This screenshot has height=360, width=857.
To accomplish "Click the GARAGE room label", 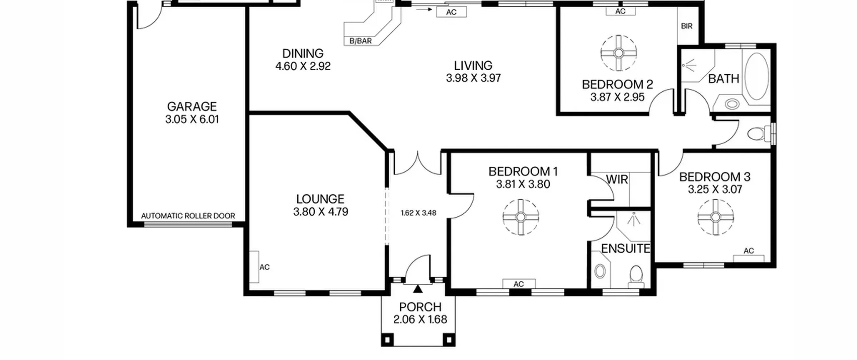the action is click(x=192, y=106).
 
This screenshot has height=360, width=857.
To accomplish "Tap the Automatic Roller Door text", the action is click(x=188, y=216).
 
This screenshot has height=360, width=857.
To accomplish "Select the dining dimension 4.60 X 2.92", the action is click(x=303, y=66).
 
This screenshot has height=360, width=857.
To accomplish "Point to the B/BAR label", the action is click(x=361, y=41).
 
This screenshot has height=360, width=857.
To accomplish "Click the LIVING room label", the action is click(x=473, y=65).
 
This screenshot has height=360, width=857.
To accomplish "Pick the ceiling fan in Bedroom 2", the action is click(x=619, y=53).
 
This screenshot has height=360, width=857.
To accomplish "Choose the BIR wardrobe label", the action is click(x=687, y=26).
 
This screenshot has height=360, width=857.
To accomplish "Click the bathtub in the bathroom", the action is click(x=756, y=76).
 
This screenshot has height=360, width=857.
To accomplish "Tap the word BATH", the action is click(x=723, y=79).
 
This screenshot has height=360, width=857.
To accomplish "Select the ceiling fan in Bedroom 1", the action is click(x=521, y=217).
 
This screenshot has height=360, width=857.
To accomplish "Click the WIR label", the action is click(x=617, y=179).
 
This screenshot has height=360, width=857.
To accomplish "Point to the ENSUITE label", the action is click(x=625, y=248).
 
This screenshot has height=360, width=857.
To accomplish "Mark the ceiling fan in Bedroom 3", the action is click(x=715, y=217).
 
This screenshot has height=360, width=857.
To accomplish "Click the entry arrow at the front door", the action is click(x=418, y=289).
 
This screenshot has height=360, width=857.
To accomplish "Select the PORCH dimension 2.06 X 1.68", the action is click(x=420, y=319).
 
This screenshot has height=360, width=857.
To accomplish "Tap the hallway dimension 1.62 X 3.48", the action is click(x=418, y=213).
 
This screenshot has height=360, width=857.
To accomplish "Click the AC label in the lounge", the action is click(x=264, y=267).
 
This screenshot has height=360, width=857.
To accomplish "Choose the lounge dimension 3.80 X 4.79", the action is click(x=321, y=212).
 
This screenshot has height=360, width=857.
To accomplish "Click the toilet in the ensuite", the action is click(x=636, y=276).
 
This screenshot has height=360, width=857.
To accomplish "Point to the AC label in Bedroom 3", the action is click(x=749, y=251).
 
